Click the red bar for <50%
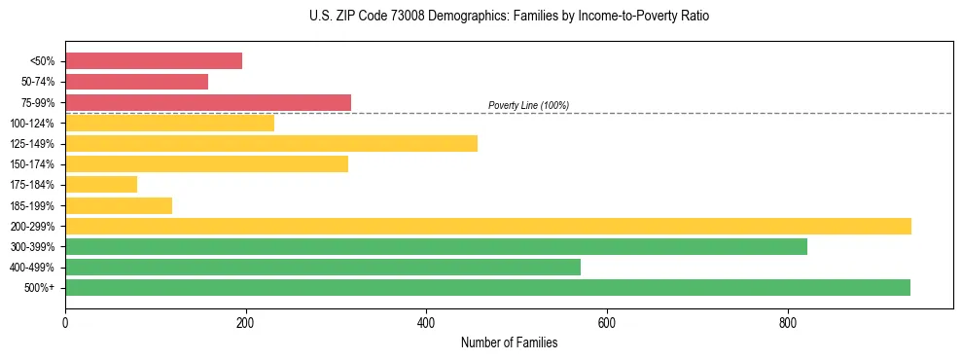tap(154, 61)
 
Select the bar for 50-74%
tap(136, 82)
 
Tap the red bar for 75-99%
tap(208, 102)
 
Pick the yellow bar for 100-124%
tap(169, 123)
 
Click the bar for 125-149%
tap(271, 144)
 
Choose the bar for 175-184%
tap(101, 185)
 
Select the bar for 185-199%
tap(119, 205)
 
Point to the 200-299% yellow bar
tap(488, 226)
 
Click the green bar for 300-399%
tap(436, 247)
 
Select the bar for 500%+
tap(487, 288)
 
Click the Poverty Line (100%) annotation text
tap(528, 105)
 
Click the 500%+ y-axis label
tap(39, 288)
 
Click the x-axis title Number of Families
tap(509, 342)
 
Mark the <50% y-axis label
tap(42, 61)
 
